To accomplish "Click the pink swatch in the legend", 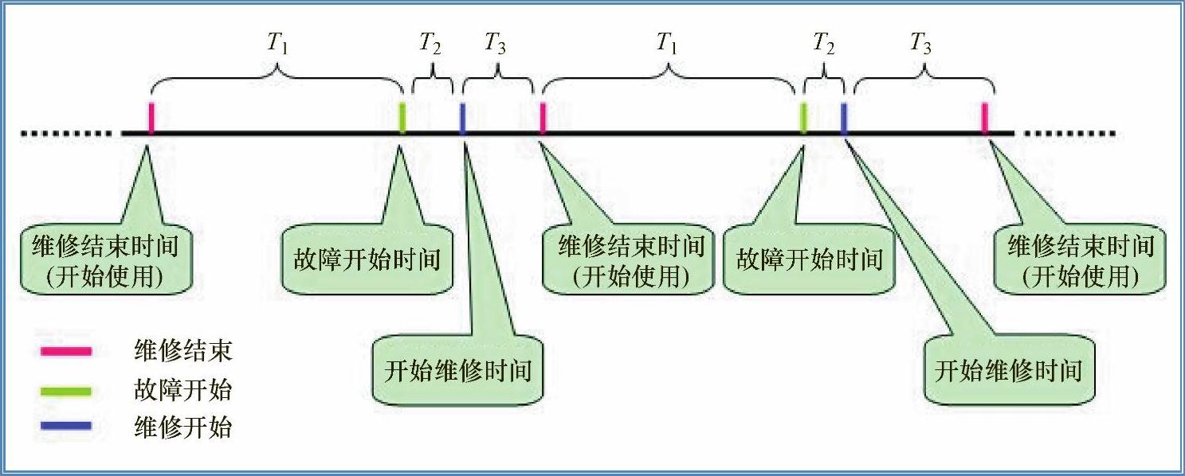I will (x=66, y=350).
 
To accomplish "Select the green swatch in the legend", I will (x=66, y=390).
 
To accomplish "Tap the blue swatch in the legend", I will (x=66, y=428).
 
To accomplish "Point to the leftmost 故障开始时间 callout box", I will (x=367, y=261).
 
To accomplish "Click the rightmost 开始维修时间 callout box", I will (x=1008, y=371).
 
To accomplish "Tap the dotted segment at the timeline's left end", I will (x=68, y=133).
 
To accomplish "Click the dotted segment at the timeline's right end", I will (x=1068, y=133).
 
